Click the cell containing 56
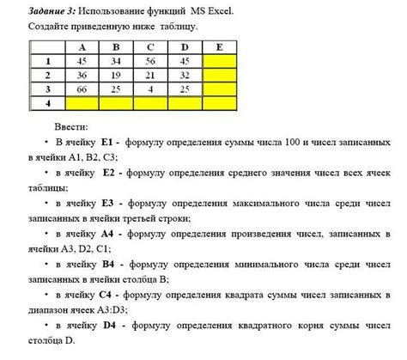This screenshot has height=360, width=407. (150, 61)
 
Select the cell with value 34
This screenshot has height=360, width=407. (115, 61)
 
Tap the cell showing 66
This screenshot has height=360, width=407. (82, 88)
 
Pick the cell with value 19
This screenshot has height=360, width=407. (115, 75)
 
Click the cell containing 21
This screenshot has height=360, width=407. (150, 75)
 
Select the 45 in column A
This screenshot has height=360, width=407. (82, 61)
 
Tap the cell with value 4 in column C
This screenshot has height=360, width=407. (150, 88)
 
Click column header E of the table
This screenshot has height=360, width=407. (219, 48)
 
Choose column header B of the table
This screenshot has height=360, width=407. (115, 48)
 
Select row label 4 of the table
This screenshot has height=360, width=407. (49, 101)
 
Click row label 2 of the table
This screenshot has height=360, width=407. (49, 75)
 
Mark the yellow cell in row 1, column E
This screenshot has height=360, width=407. (219, 61)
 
